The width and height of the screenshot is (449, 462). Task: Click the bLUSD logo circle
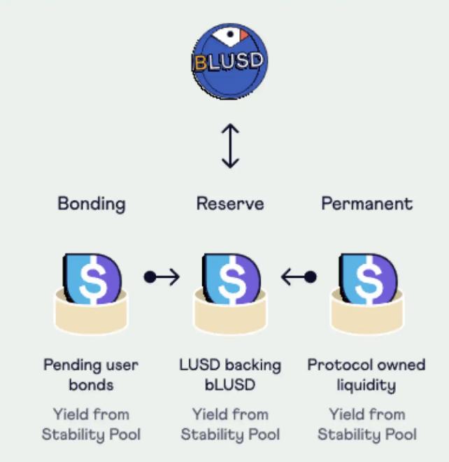229,61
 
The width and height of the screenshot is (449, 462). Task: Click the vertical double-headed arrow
230,146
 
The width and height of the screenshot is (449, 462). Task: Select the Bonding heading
92,204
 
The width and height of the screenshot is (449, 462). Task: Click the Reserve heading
230,204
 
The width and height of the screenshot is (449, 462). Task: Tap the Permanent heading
366,204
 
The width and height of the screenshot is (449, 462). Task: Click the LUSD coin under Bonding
92,279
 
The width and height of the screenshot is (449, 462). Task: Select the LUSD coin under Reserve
230,279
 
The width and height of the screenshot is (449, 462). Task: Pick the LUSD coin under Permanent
367,279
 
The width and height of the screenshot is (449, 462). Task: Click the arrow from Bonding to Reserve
162,277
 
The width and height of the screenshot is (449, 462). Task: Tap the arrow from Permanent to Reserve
299,277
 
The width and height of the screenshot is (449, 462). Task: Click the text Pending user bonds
91,374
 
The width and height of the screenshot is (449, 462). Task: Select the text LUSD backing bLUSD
230,374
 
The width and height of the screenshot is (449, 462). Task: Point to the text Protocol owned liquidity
366,374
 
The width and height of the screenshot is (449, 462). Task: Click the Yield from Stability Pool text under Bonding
91,423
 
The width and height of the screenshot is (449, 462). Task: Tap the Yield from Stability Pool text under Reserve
230,423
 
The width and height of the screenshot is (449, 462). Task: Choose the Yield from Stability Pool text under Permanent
367,423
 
